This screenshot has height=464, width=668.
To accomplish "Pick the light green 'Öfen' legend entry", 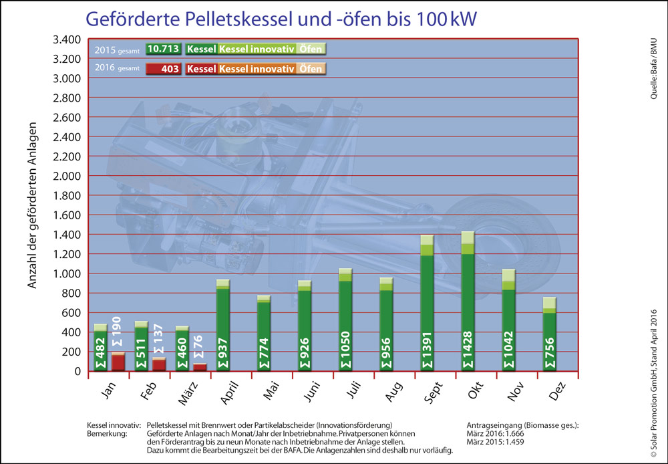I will (x=311, y=49).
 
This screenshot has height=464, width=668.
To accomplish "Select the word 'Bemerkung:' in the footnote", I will (x=107, y=433).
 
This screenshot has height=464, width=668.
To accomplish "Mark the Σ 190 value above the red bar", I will (x=118, y=328).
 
